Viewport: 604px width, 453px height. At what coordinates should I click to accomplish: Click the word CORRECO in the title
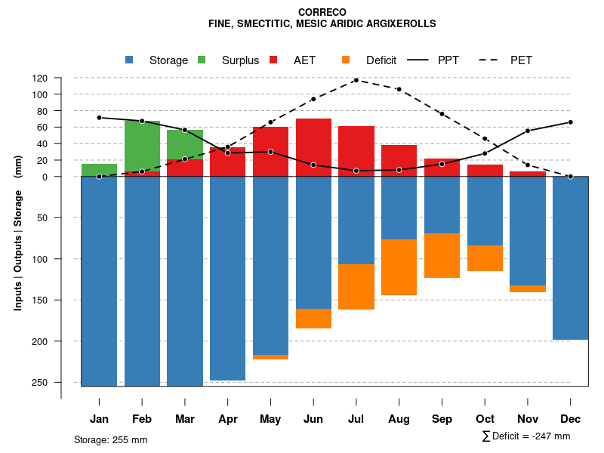(x=322, y=12)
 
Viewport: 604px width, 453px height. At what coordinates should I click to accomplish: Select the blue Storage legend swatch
(x=129, y=60)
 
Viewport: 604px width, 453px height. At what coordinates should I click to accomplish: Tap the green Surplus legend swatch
(x=202, y=60)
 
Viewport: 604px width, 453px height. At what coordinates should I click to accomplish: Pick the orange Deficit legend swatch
(x=346, y=60)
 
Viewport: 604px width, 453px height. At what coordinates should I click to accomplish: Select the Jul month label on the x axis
(x=356, y=419)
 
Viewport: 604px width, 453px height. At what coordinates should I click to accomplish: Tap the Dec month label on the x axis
(x=571, y=419)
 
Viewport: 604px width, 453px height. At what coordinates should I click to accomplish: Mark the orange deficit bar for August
(x=399, y=267)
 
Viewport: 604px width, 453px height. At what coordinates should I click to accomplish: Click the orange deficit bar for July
(x=356, y=287)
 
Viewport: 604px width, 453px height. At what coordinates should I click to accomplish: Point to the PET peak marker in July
(x=356, y=80)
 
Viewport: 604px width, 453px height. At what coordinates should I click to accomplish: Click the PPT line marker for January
(x=99, y=118)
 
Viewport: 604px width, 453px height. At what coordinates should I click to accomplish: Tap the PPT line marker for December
(x=571, y=122)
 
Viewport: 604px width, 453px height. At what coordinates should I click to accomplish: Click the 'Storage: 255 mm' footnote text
(x=111, y=439)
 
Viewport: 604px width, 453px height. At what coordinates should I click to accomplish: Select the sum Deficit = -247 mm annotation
(x=526, y=436)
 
